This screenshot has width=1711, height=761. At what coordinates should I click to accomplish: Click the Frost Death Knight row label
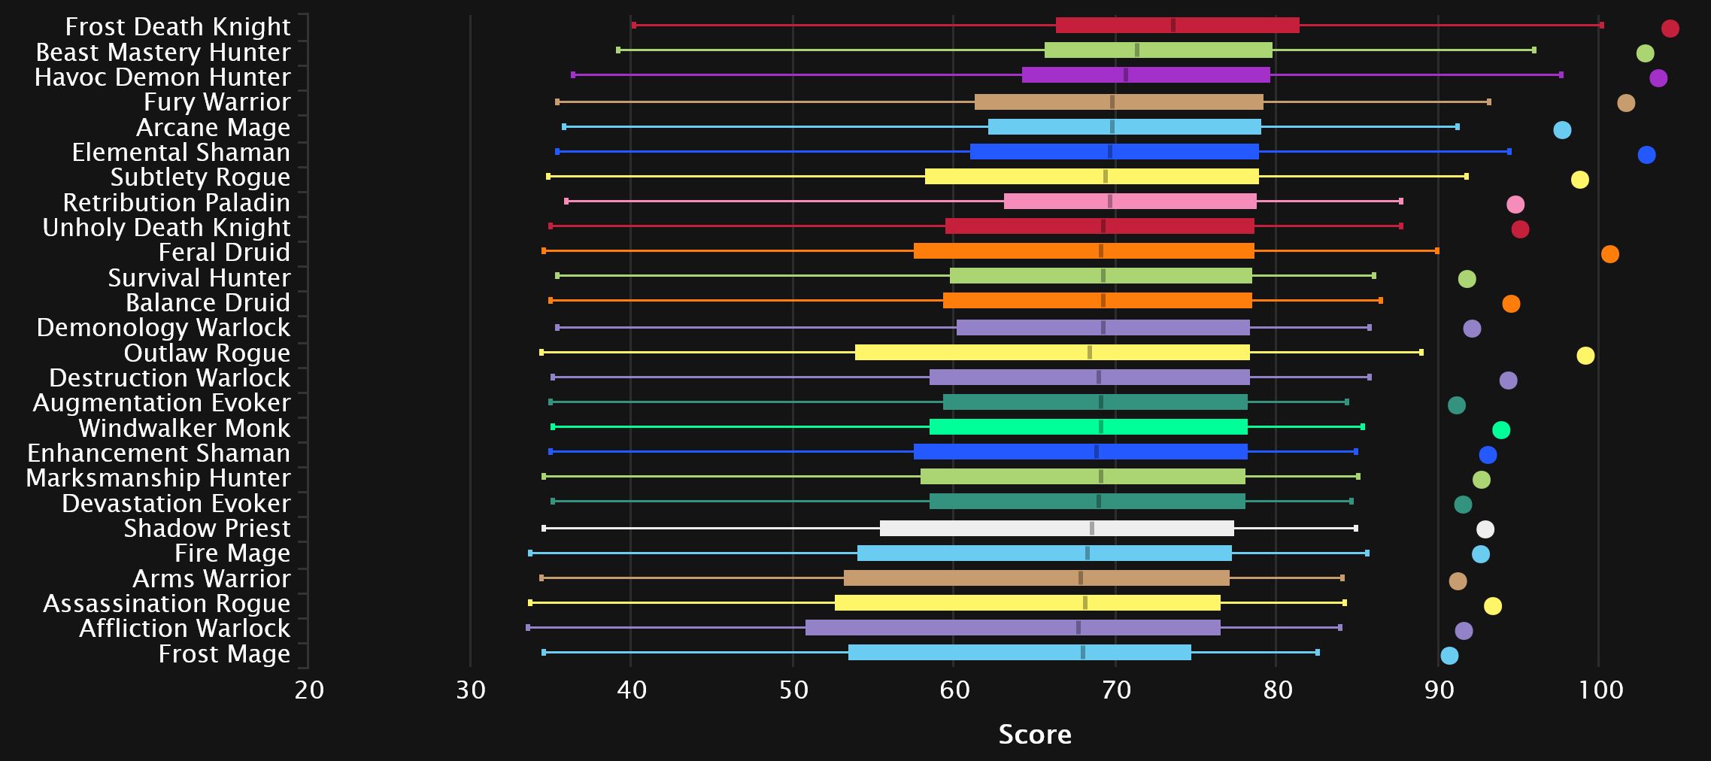click(177, 26)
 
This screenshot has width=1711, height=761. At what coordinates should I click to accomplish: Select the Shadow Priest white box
click(1057, 528)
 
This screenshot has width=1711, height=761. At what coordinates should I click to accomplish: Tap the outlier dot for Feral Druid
click(1609, 254)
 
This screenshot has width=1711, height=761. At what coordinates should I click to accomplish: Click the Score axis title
click(1035, 735)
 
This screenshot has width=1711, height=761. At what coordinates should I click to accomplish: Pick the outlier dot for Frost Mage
click(1449, 656)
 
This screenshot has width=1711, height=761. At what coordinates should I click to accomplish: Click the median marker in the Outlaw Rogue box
click(1090, 352)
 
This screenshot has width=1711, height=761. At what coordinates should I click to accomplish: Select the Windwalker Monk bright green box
click(1088, 427)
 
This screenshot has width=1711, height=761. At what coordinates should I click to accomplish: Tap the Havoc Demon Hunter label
click(162, 77)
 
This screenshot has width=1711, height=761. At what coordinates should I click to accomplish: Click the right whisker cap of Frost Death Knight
click(1602, 26)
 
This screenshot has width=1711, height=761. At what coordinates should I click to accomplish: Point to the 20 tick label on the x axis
click(309, 690)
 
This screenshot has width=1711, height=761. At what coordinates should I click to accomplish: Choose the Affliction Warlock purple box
click(1012, 627)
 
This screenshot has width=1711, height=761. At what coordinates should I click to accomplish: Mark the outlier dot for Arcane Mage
click(1562, 130)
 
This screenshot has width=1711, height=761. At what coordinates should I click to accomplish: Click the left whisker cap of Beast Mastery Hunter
click(618, 50)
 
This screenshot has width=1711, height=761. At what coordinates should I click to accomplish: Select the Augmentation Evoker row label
click(162, 402)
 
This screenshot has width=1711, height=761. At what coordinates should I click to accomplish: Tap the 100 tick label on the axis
click(1600, 690)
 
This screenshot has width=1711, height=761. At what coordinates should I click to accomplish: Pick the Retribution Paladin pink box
click(1130, 202)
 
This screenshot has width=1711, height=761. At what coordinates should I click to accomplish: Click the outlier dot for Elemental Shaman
click(1646, 155)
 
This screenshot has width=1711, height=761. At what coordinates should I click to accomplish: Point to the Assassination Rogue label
click(166, 603)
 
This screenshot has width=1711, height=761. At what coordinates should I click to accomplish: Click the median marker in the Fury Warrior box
click(1112, 102)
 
